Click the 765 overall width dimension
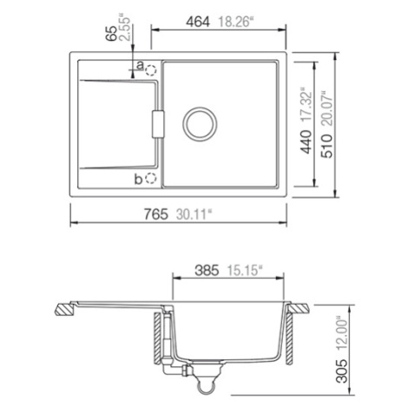[x=156, y=214]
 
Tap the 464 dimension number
[x=198, y=22]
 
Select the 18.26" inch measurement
[x=236, y=22]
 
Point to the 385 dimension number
[x=207, y=271]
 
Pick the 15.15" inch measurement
[x=245, y=271]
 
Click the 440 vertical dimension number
[x=306, y=141]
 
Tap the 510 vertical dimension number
[x=327, y=146]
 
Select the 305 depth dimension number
[x=343, y=371]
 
